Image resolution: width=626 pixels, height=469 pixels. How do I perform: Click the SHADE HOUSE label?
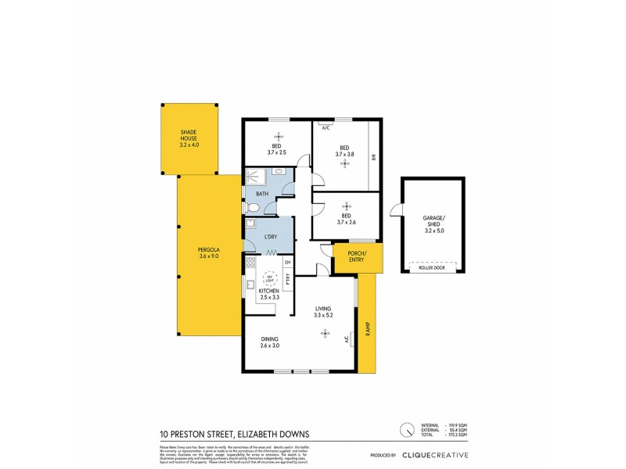coord(189,138)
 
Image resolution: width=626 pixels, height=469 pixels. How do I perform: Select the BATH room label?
coord(262,194)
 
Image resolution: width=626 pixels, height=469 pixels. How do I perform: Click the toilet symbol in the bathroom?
coord(252,208)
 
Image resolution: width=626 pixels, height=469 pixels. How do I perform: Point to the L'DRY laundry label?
coord(272,236)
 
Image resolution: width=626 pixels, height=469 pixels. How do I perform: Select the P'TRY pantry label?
coord(288,276)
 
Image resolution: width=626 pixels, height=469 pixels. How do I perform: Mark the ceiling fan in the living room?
coord(324,334)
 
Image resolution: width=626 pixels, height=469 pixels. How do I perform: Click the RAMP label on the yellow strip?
coord(366,330)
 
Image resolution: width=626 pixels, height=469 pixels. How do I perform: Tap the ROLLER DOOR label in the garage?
coord(431,267)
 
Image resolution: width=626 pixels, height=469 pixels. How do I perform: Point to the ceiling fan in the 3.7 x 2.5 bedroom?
coord(277,135)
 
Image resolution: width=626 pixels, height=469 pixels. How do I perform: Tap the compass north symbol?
coord(406,430)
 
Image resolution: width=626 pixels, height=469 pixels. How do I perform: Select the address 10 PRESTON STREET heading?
coord(234,434)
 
